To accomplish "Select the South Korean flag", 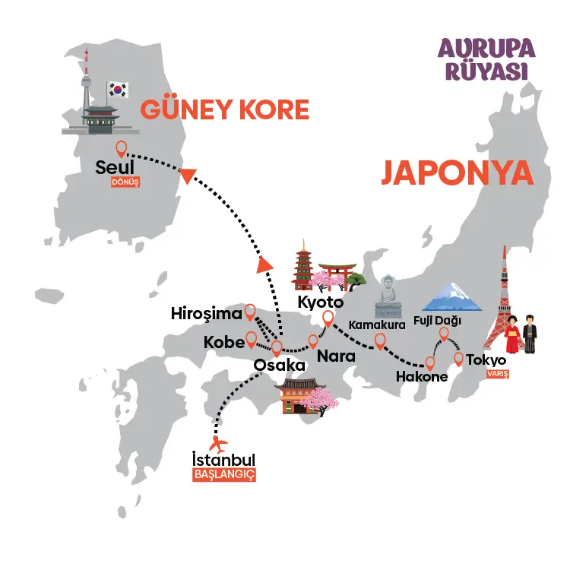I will pos(119,90).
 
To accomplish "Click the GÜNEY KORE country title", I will pos(224,110).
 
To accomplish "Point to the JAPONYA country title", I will pos(456,173).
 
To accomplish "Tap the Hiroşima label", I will pos(206,313).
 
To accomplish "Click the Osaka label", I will pos(280,366).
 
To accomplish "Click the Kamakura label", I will pos(373,325).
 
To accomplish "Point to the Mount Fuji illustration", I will pos(454,299).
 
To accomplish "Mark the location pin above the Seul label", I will pos(120,148).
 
